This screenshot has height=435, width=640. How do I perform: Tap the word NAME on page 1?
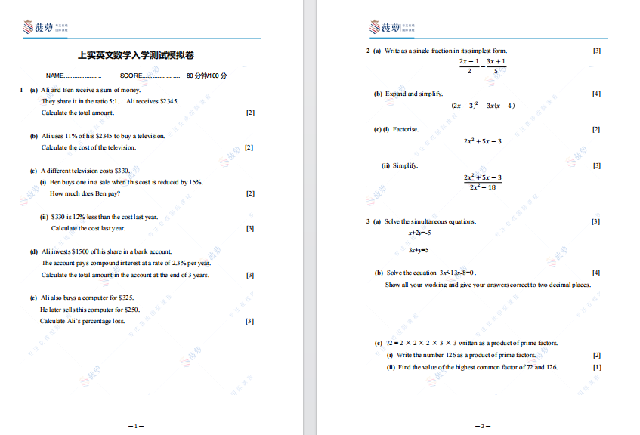55,76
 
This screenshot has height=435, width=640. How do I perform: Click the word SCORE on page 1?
131,76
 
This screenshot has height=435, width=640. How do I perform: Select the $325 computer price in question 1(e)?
126,298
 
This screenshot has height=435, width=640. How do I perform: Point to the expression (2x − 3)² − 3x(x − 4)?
483,106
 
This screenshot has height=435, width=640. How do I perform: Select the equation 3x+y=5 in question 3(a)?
419,250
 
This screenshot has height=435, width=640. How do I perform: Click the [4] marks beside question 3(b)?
596,273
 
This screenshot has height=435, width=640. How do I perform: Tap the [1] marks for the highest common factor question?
597,367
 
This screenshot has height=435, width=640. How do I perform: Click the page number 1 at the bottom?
136,426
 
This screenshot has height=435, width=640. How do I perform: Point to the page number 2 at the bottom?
483,426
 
